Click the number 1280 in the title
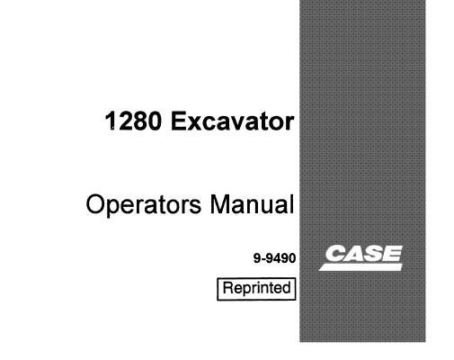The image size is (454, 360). tap(133, 121)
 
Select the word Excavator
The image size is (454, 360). tap(233, 121)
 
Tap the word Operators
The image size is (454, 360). tap(144, 204)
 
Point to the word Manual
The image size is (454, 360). tap(252, 204)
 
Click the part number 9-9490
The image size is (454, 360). tap(274, 258)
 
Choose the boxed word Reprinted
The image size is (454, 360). tap(256, 288)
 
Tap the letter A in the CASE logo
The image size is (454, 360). tap(354, 254)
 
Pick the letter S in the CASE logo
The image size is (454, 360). tap(374, 254)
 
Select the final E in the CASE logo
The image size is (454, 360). tap(392, 254)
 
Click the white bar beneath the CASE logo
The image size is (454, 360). tap(361, 267)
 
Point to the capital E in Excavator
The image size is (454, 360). tap(178, 121)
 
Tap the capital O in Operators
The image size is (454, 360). tap(95, 204)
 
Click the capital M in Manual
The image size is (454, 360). tap(220, 204)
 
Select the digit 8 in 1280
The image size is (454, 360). tap(139, 121)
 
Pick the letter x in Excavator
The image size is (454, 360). tap(192, 123)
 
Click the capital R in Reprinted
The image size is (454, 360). tap(228, 287)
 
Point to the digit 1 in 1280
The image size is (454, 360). tap(111, 121)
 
